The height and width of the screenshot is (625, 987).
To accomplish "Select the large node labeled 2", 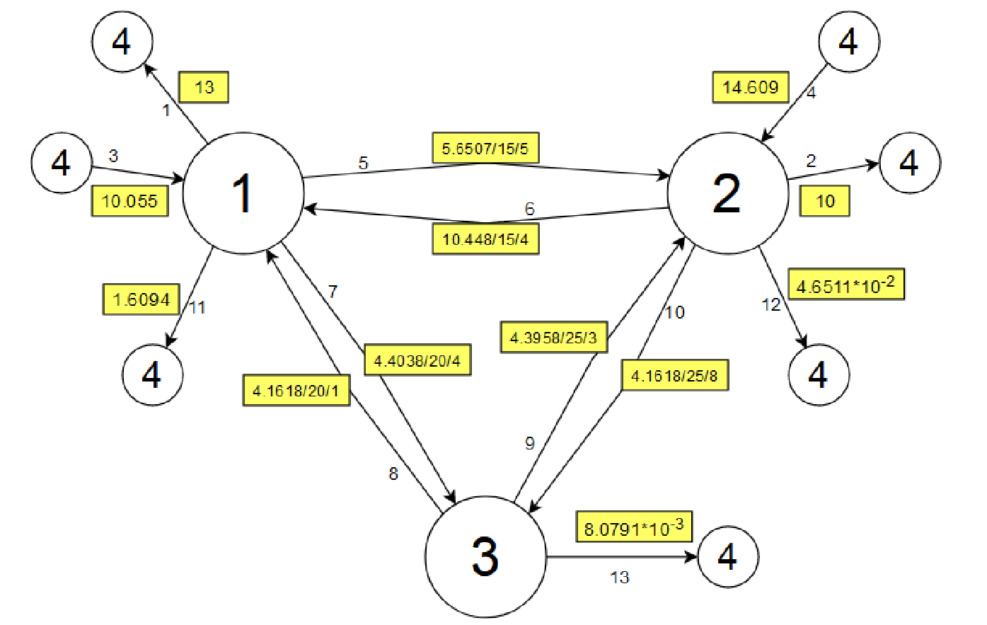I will [728, 193].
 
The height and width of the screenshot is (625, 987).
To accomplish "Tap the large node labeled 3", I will [485, 556].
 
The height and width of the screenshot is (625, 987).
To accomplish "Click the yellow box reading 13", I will [204, 88].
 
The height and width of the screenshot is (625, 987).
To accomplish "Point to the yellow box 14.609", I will [750, 87].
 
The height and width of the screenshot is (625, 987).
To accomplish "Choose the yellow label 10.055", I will [129, 201].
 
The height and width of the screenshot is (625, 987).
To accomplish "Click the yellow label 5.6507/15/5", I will [485, 149].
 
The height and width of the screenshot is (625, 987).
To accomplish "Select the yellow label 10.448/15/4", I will [485, 239].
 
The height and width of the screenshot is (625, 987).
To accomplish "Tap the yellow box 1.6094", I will [142, 299].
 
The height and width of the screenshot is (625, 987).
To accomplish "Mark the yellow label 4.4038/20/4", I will [417, 361].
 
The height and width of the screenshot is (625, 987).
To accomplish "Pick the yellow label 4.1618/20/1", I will [296, 390].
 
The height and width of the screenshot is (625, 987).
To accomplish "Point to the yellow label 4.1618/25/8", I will [674, 375].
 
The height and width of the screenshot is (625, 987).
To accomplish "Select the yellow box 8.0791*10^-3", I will [634, 527].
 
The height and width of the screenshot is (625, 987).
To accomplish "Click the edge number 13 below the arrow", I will [619, 578].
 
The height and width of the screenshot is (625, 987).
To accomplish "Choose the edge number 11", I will [197, 307].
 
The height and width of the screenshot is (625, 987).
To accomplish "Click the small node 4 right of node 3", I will [728, 556].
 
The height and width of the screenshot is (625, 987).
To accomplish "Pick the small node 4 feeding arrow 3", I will [62, 163].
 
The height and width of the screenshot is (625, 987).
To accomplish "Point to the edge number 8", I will [393, 474].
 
